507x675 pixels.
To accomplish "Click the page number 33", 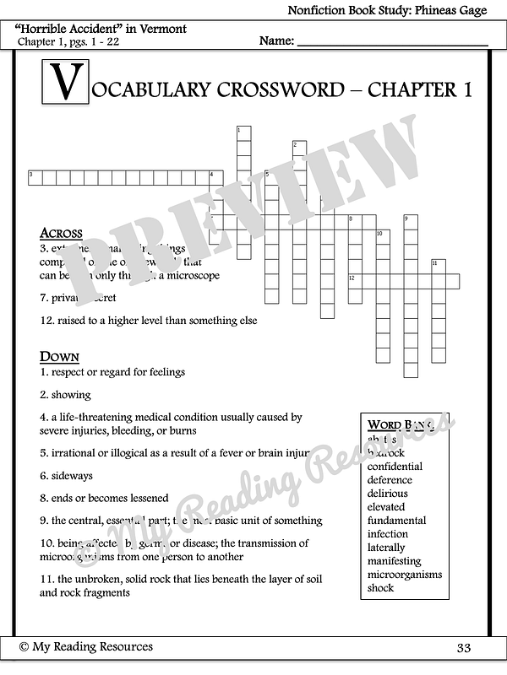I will coord(463,648).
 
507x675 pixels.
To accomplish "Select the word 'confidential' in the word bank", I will coord(395,467).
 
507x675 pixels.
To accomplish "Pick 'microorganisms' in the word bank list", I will coord(405,575).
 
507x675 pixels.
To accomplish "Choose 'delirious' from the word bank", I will coord(387,494).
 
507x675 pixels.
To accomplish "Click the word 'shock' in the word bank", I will coord(381,588).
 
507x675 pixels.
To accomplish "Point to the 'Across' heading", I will coord(61,233).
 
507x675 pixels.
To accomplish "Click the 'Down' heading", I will coord(59,356).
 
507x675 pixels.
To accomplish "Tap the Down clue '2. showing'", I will coord(65,394).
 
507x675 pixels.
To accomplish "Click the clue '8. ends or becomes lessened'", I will coord(104,498).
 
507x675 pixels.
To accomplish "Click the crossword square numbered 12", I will coord(354,280).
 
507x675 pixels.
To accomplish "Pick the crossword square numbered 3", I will coord(35,176).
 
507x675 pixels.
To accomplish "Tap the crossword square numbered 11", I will coord(438,266).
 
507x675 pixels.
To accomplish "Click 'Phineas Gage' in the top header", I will coord(462,10).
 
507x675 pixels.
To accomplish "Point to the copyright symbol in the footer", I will coord(25,646).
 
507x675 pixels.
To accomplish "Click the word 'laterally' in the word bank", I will coord(386,548).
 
